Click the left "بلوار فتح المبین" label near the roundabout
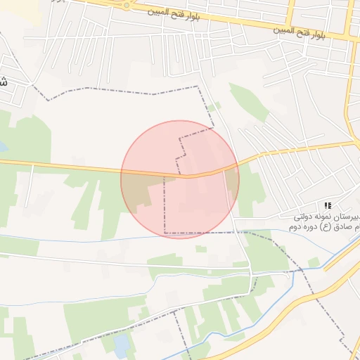(x=177, y=12)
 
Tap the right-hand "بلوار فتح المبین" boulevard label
(x=300, y=31)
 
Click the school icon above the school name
(x=327, y=205)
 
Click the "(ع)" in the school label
(x=326, y=227)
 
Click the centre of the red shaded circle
(x=180, y=179)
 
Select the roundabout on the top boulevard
(x=127, y=5)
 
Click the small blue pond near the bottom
(x=122, y=345)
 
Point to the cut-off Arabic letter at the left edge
(x=4, y=81)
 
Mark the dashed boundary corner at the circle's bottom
(x=165, y=233)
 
